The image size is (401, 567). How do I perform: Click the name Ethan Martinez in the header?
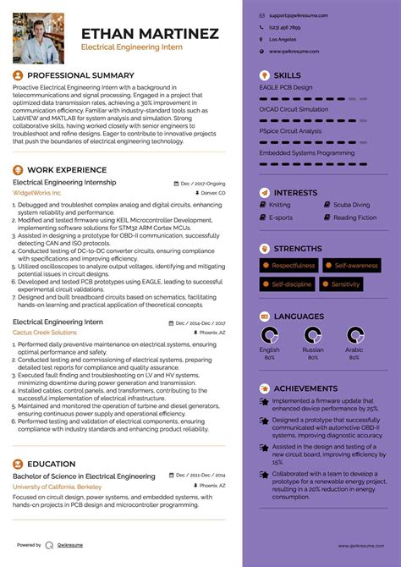point(149,34)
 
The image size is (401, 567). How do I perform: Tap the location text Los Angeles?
point(283,40)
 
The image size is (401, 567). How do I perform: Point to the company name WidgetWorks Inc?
point(37,193)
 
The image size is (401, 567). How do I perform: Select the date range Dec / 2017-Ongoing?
point(202,183)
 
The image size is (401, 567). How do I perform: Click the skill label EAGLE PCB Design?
point(286,87)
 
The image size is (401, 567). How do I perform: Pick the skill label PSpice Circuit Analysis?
point(289,131)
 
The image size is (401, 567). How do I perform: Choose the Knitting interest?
point(279,205)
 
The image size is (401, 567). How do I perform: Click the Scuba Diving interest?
point(351,205)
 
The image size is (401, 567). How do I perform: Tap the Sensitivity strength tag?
point(345,284)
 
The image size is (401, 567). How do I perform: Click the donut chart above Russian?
point(312,337)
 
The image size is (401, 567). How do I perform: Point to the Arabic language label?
point(354,350)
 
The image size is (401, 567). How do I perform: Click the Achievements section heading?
point(305,388)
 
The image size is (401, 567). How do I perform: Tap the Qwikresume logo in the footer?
point(51,546)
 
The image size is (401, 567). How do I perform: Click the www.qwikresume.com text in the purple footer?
point(363,547)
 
